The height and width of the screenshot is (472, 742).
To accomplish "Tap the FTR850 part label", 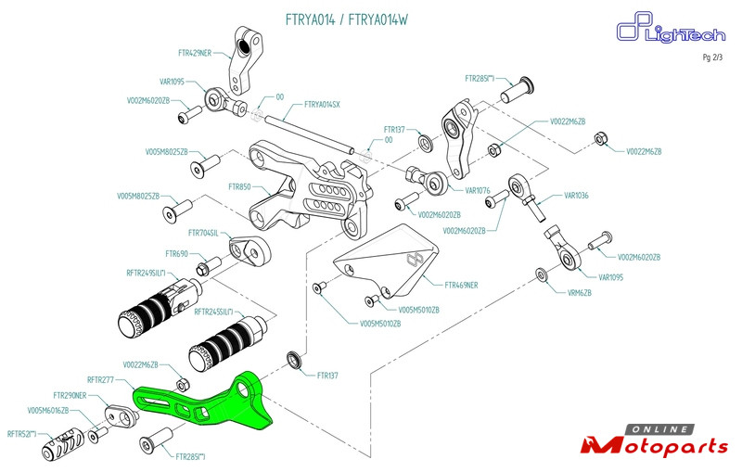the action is click(239, 186).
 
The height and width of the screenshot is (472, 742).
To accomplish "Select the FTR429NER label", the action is click(195, 53).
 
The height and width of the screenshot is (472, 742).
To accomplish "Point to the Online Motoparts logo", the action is click(655, 440).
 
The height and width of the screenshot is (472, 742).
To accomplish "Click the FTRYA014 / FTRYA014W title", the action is click(346, 19).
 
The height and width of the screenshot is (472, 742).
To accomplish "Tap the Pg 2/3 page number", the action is click(712, 57).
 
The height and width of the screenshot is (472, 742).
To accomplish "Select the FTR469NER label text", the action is click(461, 286).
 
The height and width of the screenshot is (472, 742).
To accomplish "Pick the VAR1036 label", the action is click(576, 196).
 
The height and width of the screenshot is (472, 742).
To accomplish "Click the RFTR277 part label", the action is click(100, 379).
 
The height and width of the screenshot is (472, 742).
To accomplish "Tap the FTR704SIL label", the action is click(203, 233).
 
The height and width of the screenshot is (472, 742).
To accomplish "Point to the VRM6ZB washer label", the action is click(580, 293).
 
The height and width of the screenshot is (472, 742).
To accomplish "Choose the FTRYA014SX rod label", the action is click(322, 105).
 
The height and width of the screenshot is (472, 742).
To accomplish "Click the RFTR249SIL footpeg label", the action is click(147, 273).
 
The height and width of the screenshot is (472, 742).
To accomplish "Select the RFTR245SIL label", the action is click(214, 313).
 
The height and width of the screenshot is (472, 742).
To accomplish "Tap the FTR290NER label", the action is click(70, 395).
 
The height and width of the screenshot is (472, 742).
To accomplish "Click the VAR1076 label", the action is click(478, 191).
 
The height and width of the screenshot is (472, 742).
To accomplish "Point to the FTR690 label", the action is click(176, 254).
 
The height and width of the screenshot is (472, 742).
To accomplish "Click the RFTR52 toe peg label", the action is click(21, 434).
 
